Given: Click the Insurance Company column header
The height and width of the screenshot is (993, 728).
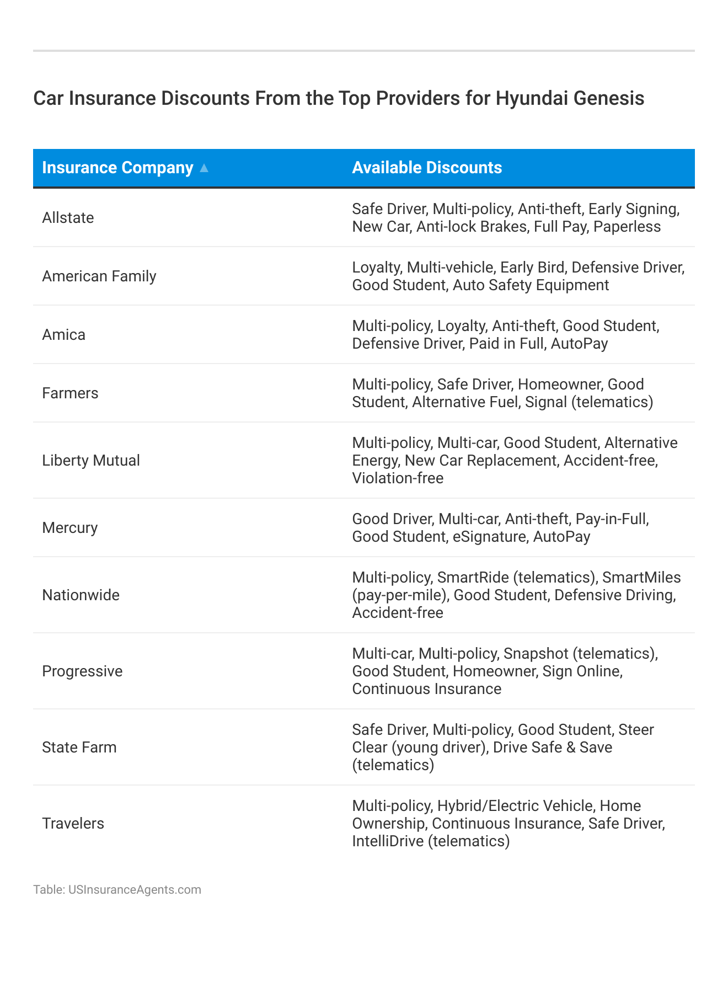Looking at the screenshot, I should [117, 168].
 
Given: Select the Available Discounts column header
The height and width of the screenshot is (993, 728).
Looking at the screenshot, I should [427, 168].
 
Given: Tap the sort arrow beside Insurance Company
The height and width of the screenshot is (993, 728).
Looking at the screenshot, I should [204, 168].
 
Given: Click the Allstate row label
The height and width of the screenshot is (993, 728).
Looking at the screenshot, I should [68, 218].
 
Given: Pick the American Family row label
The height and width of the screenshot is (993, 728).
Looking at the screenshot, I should [99, 276].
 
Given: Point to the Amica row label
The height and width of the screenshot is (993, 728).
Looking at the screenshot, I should [64, 335].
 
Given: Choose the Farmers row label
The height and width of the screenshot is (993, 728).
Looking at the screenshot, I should [70, 393].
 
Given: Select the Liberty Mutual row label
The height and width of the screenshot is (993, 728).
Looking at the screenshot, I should [91, 461].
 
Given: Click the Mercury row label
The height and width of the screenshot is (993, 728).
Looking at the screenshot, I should [70, 528].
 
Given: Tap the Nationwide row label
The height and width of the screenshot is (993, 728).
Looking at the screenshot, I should [81, 595].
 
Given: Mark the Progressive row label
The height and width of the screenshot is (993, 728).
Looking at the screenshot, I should [82, 671].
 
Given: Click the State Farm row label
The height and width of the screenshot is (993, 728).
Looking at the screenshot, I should [79, 748].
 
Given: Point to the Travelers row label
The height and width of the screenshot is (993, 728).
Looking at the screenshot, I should [73, 824].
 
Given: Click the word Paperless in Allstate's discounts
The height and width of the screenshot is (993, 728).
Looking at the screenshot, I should [627, 227].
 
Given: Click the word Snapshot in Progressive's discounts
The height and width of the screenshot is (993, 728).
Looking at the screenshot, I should [536, 654].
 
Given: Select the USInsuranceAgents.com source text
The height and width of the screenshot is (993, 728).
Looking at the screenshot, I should [135, 890].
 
